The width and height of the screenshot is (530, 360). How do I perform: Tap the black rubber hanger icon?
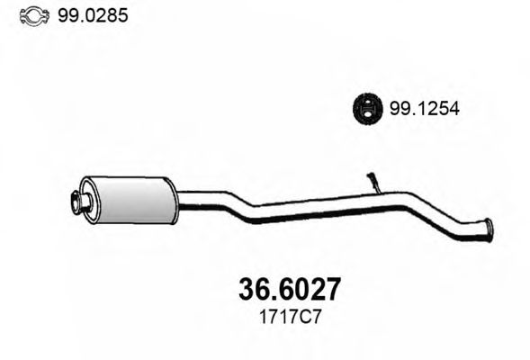(365, 109)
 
